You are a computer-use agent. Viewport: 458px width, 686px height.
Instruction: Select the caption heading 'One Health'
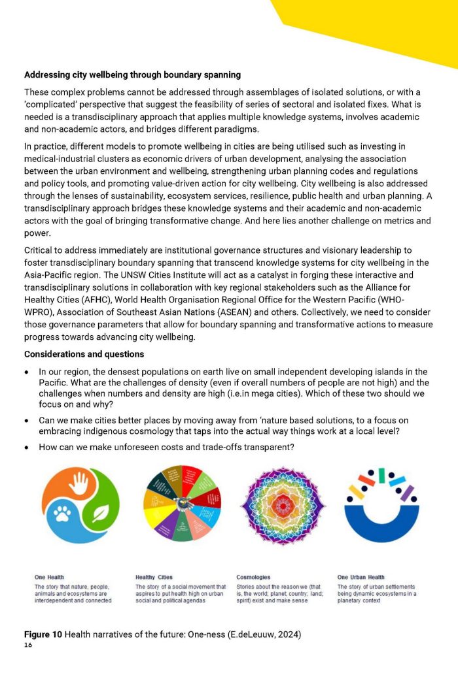click(x=49, y=578)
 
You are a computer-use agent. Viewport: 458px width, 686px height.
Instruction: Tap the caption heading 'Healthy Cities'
click(x=154, y=578)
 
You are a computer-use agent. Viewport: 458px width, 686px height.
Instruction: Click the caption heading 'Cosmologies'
click(x=253, y=578)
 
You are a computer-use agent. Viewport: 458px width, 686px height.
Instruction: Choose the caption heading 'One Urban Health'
click(x=361, y=578)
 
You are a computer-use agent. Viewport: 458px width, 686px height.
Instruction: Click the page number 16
click(x=28, y=645)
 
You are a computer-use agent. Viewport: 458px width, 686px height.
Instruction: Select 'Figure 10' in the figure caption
click(x=43, y=634)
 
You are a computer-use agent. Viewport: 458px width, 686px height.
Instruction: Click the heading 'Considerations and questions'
click(x=84, y=353)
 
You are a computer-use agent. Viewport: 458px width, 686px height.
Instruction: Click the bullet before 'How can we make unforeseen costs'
click(x=27, y=447)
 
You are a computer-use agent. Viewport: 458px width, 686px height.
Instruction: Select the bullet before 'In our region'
click(x=27, y=371)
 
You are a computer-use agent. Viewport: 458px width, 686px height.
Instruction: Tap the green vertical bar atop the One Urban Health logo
click(x=381, y=475)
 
